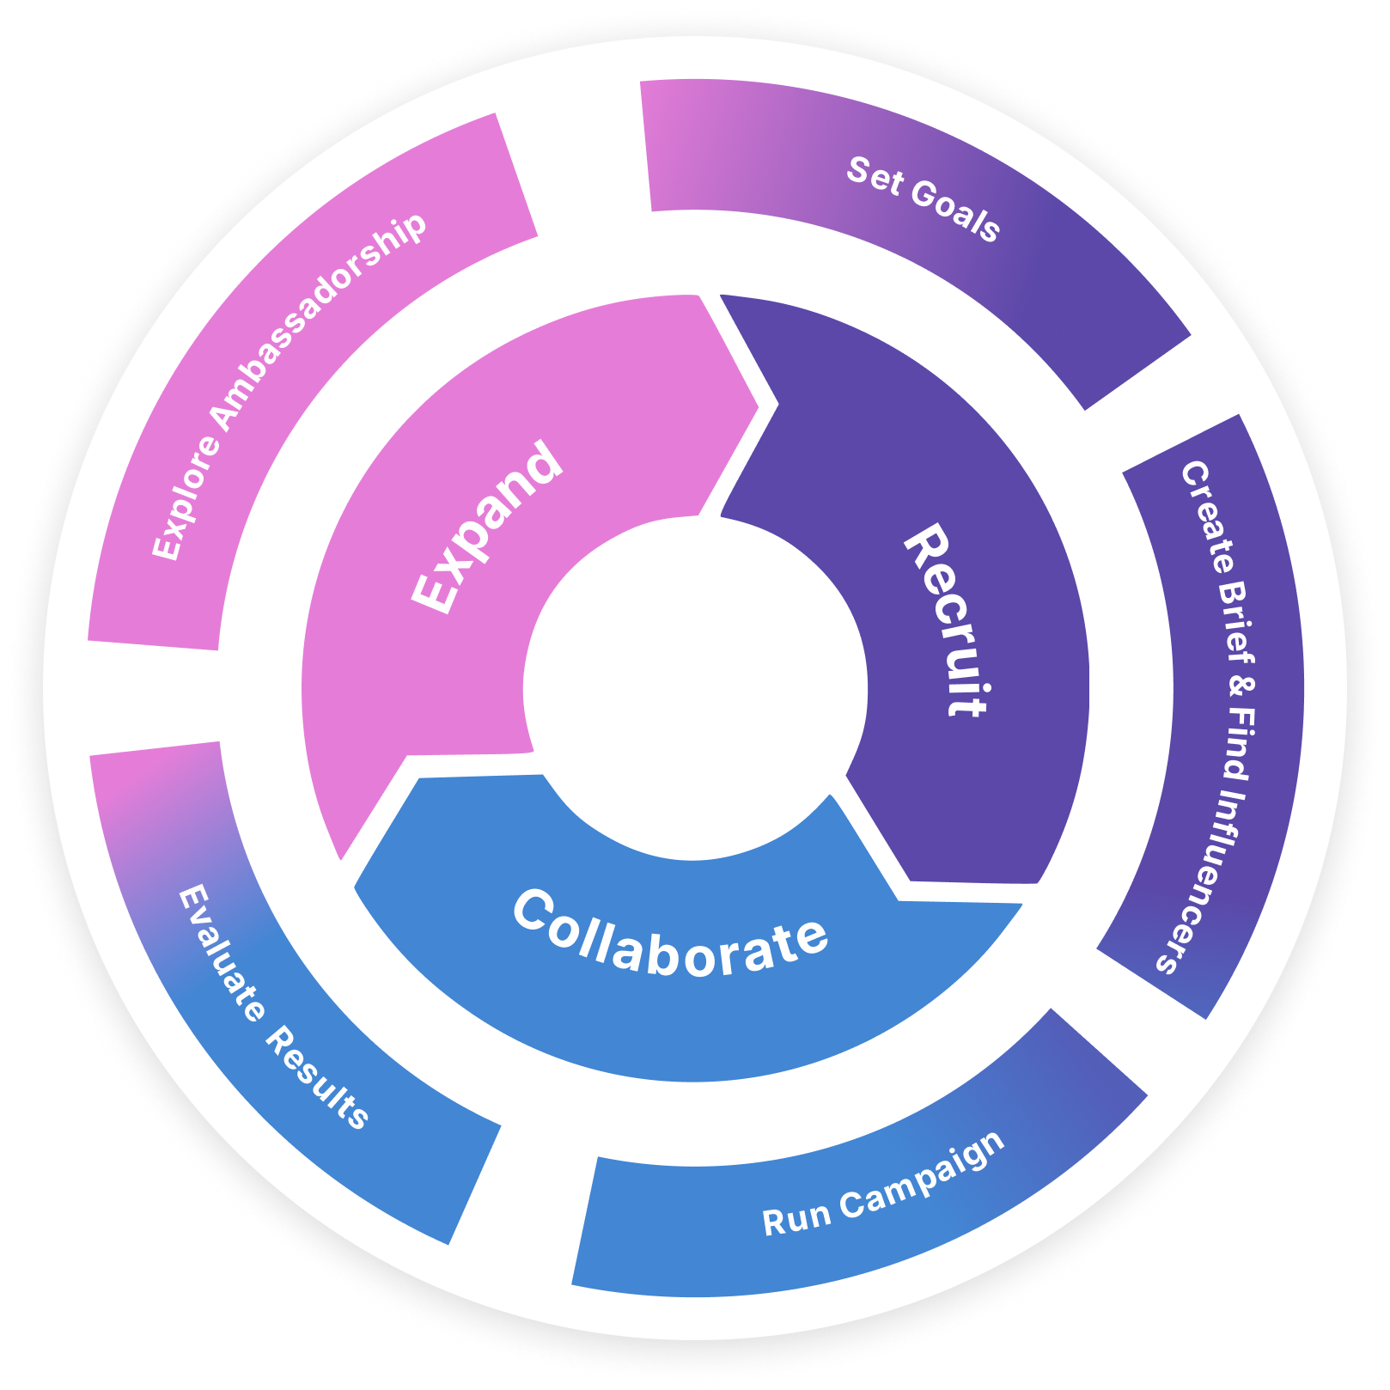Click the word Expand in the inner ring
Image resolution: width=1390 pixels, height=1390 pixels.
coord(487,527)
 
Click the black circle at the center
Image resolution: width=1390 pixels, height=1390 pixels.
coord(695,688)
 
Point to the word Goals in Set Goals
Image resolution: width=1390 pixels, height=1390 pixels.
coord(955,210)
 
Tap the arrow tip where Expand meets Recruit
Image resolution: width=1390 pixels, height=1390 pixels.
coord(759,405)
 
